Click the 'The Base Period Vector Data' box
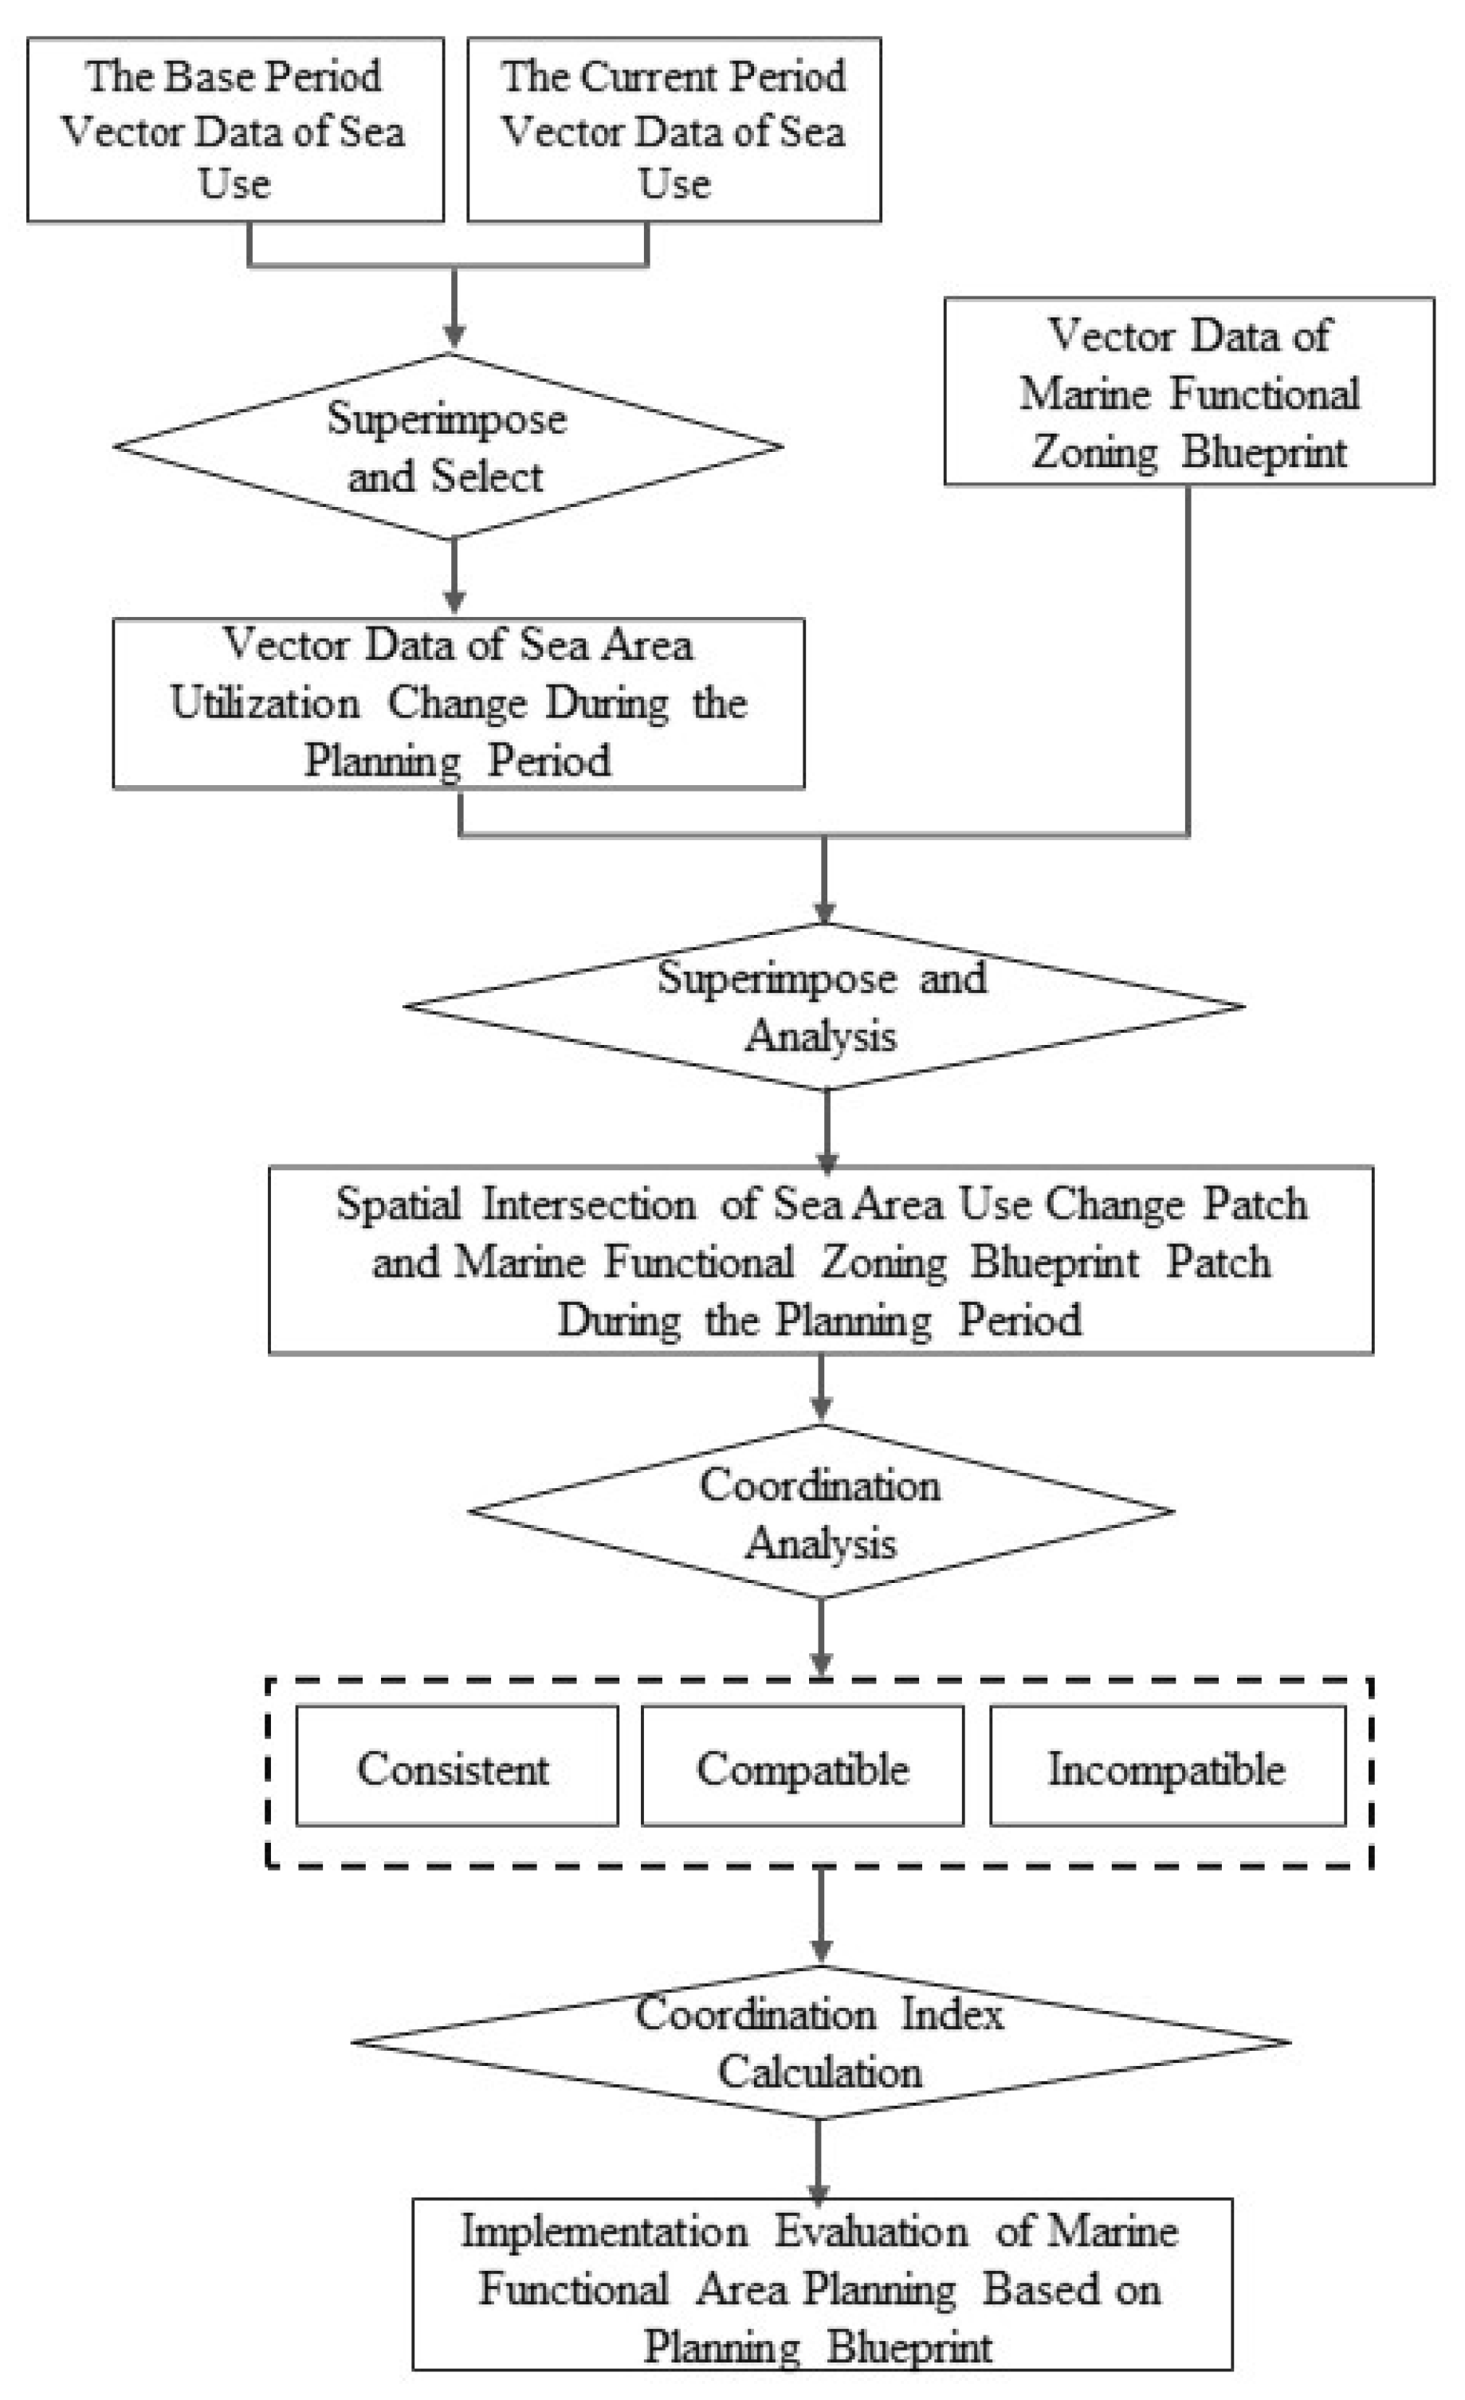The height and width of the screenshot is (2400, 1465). click(235, 130)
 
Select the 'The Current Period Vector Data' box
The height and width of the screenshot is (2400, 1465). click(674, 130)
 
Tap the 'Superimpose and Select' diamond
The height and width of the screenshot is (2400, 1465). click(448, 446)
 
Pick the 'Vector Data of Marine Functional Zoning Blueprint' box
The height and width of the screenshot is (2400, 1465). click(1189, 391)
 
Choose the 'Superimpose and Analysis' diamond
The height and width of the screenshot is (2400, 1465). click(824, 1006)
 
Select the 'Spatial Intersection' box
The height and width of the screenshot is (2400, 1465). click(821, 1260)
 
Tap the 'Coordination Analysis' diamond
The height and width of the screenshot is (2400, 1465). click(821, 1512)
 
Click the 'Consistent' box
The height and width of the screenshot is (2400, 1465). click(457, 1766)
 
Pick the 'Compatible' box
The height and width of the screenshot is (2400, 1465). click(803, 1766)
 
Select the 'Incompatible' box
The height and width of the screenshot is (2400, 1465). click(1168, 1766)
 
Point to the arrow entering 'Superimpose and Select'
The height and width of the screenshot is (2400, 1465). click(454, 308)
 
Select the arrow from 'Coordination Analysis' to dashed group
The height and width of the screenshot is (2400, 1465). click(821, 1638)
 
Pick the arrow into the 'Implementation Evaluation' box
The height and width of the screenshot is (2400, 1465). click(819, 2159)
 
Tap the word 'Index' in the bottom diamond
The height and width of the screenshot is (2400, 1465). click(952, 2013)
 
